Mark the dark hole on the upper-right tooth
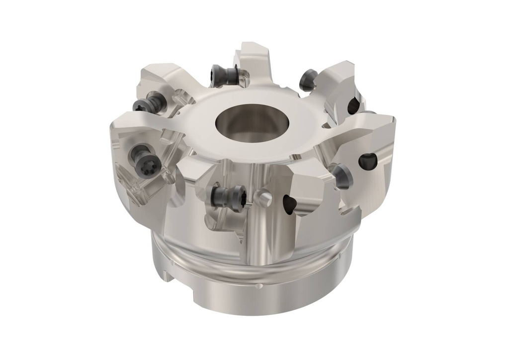[x=353, y=105]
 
